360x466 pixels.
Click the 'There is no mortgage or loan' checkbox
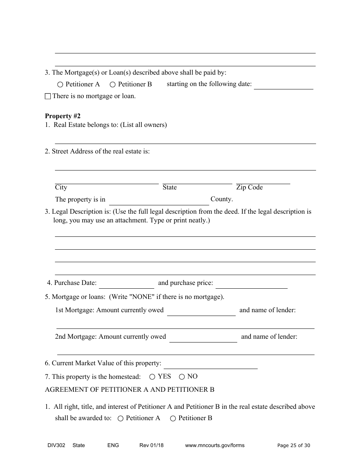click(48, 97)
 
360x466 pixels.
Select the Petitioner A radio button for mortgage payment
click(60, 85)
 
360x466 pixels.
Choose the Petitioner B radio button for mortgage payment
click(113, 85)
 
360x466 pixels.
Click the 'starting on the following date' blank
click(283, 85)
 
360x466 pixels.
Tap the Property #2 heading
click(63, 116)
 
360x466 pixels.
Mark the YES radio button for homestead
click(152, 377)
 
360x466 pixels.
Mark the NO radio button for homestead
click(182, 377)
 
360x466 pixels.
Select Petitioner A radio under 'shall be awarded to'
click(121, 419)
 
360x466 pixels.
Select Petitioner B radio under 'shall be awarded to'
click(173, 419)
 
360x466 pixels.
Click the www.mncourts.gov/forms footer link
click(214, 446)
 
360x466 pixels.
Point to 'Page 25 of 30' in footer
click(294, 446)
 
